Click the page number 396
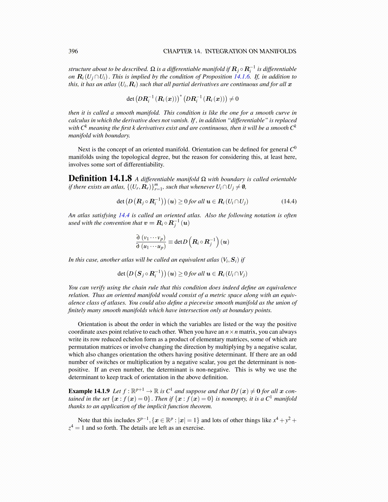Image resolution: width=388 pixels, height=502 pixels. tap(73, 51)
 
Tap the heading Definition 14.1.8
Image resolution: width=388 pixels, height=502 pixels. tap(100, 178)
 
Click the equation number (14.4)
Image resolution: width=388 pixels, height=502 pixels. tap(289, 201)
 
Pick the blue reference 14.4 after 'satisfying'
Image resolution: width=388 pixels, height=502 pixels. tap(124, 216)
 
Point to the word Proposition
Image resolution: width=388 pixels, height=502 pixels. tap(217, 77)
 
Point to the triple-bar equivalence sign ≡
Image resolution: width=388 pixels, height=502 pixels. tap(170, 242)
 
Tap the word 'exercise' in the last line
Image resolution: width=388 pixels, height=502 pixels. tap(193, 428)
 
